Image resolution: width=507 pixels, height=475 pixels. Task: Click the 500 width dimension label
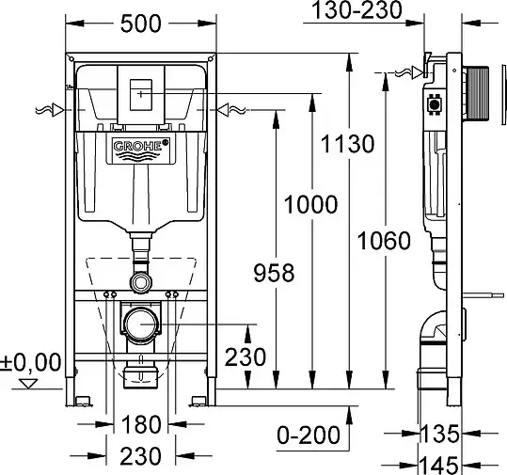(141, 24)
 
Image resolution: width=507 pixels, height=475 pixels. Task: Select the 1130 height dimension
(347, 144)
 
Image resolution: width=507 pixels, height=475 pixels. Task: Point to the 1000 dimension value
(310, 204)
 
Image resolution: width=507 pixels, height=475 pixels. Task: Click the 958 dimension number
(274, 273)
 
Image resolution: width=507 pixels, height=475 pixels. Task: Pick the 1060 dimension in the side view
(384, 241)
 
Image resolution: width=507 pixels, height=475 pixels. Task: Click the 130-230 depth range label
(357, 9)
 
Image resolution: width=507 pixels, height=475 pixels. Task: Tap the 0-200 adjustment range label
(309, 435)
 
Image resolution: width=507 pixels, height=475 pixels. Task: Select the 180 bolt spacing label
(141, 424)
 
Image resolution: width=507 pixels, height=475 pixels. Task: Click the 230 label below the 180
(140, 456)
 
